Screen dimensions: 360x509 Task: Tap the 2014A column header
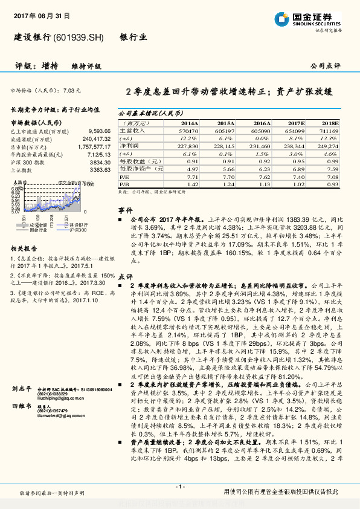pyautogui.click(x=188, y=122)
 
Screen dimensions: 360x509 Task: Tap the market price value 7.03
pyautogui.click(x=71, y=90)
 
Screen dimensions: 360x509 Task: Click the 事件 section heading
pyautogui.click(x=125, y=209)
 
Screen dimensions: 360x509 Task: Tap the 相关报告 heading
pyautogui.click(x=26, y=248)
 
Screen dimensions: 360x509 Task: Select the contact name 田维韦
pyautogui.click(x=22, y=407)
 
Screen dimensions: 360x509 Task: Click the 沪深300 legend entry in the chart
pyautogui.click(x=76, y=230)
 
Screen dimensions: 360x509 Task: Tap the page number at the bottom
pyautogui.click(x=179, y=487)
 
